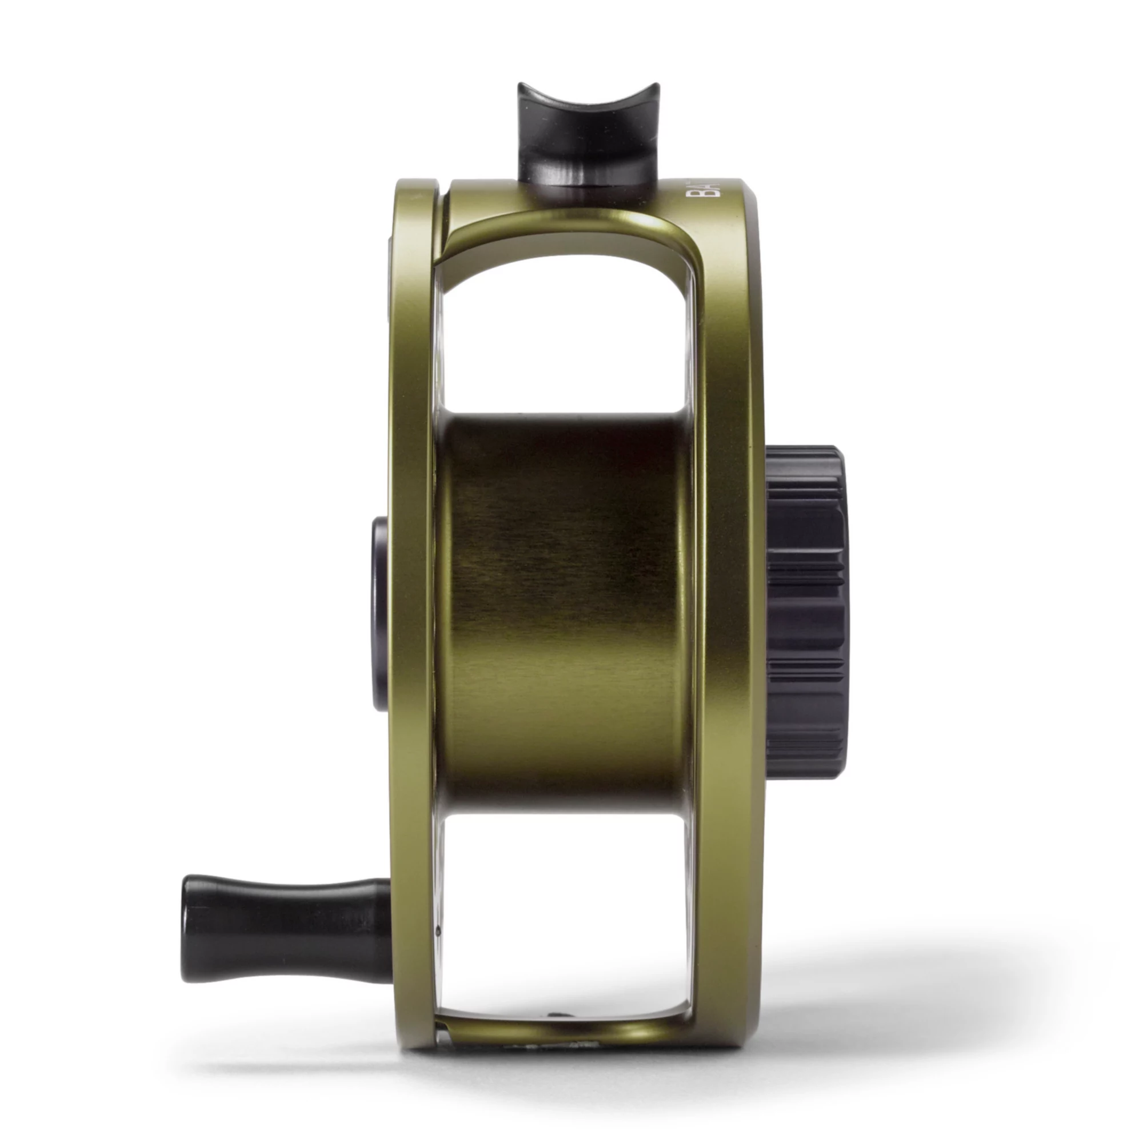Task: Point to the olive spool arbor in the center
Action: pyautogui.click(x=565, y=609)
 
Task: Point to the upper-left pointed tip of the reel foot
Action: pyautogui.click(x=521, y=86)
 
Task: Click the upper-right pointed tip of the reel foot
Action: pyautogui.click(x=657, y=86)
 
